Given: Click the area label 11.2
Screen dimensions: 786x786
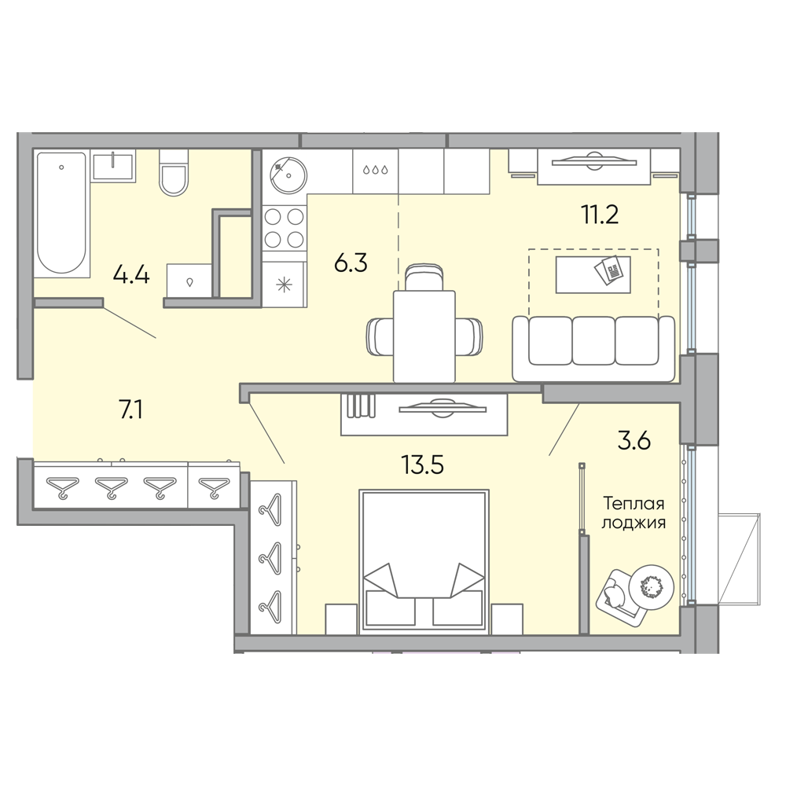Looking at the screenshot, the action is pyautogui.click(x=600, y=215).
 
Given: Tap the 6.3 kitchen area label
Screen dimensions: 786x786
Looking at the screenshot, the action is pyautogui.click(x=351, y=263).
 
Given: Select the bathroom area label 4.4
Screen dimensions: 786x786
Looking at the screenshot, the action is pyautogui.click(x=131, y=275).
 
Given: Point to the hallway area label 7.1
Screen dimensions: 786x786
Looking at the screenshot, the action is pyautogui.click(x=130, y=410).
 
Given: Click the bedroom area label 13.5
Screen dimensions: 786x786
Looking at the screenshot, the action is pyautogui.click(x=423, y=465).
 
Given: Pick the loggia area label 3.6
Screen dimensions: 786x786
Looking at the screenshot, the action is pyautogui.click(x=634, y=441).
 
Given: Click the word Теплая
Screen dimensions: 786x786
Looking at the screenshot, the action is pyautogui.click(x=634, y=503).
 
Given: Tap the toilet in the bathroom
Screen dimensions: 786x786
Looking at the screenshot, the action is pyautogui.click(x=174, y=172).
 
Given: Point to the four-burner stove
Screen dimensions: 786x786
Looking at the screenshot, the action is pyautogui.click(x=285, y=228).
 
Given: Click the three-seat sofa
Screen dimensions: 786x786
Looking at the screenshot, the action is pyautogui.click(x=593, y=348).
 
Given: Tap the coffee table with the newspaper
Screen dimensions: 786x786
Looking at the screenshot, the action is pyautogui.click(x=593, y=274).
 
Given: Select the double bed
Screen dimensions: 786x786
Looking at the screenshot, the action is pyautogui.click(x=424, y=560).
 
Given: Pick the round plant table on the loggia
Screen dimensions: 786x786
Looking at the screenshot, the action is pyautogui.click(x=651, y=586).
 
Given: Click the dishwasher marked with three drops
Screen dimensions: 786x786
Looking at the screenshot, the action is pyautogui.click(x=376, y=171).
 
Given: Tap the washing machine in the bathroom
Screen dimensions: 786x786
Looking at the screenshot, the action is pyautogui.click(x=190, y=281).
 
